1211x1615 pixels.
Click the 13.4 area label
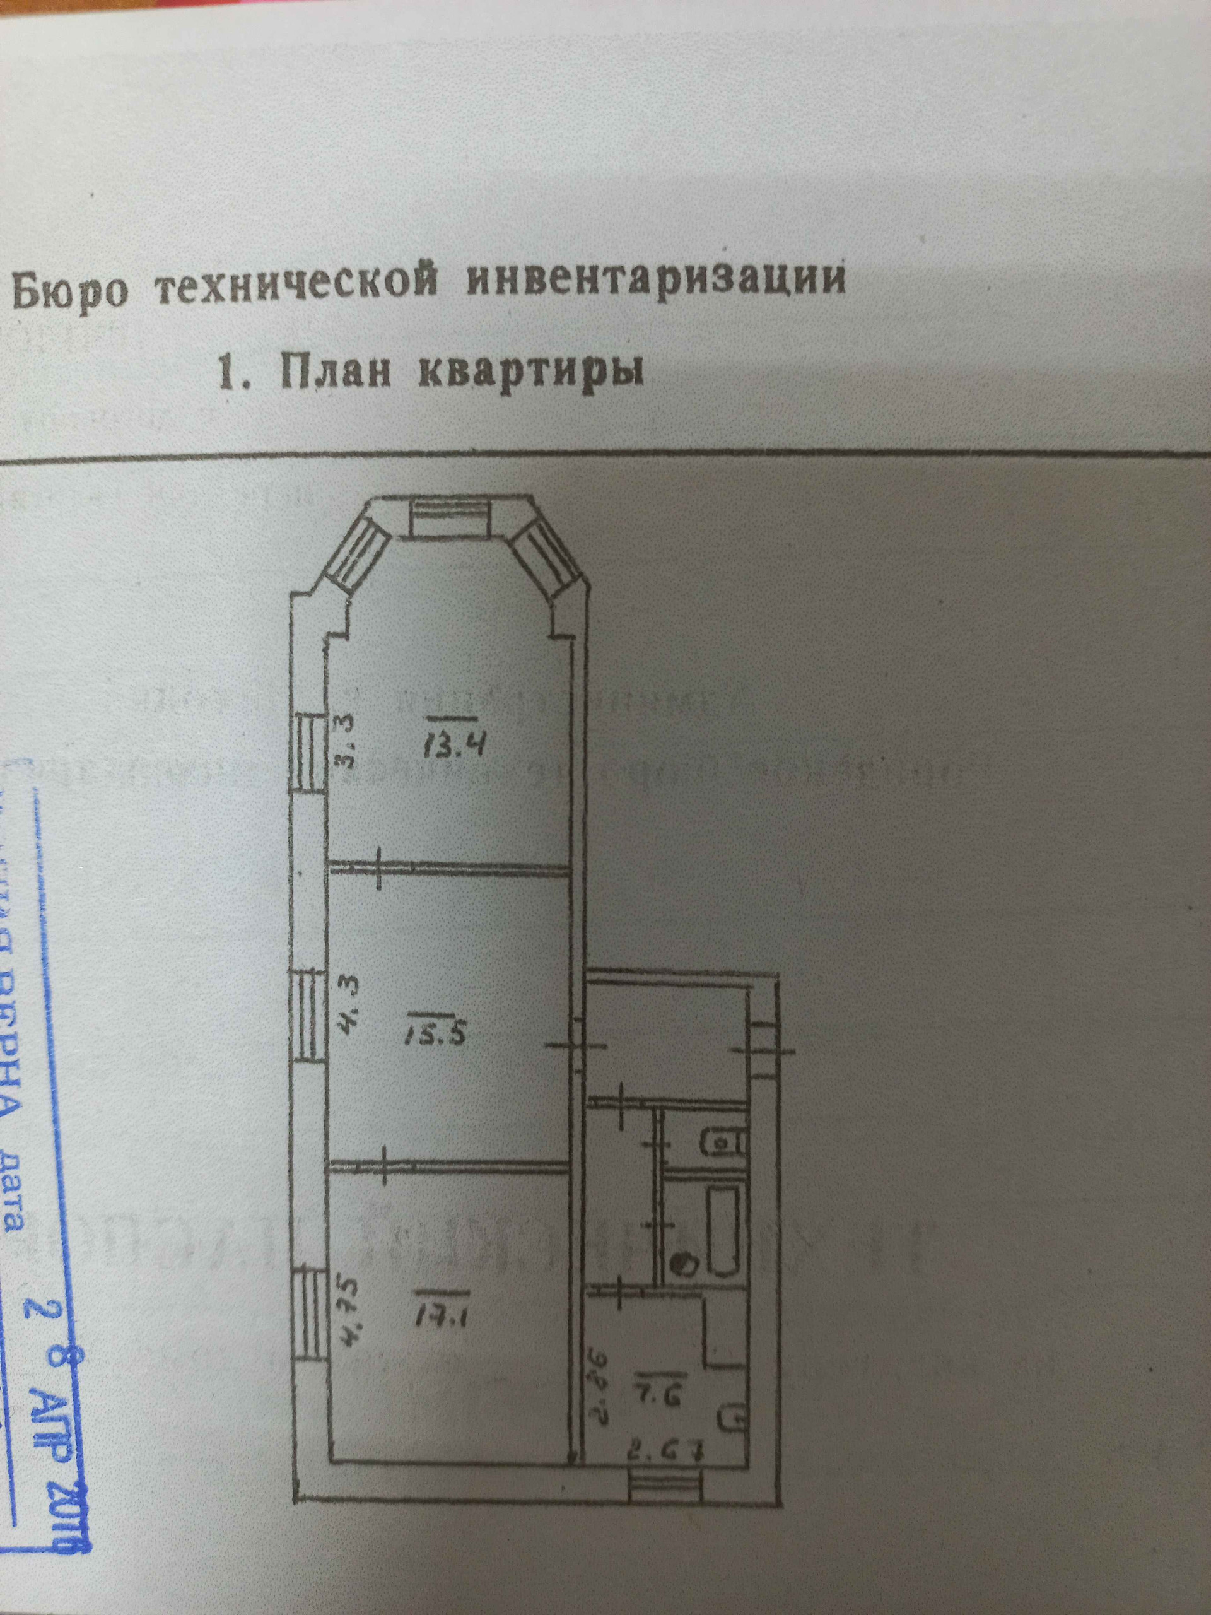pos(453,746)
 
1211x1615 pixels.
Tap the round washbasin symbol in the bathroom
pos(682,1262)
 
